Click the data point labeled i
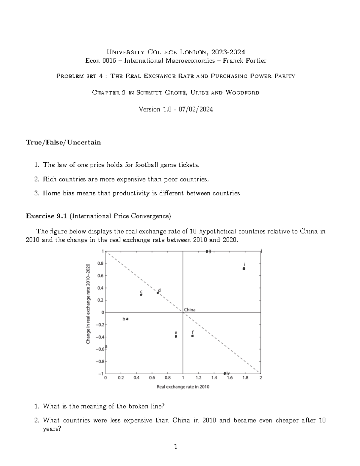244,269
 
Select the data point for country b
127,319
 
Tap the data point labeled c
141,294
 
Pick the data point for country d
158,293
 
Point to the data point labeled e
176,336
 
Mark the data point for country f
192,336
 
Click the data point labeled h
225,373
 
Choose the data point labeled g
207,251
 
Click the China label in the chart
190,310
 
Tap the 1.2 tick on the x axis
199,378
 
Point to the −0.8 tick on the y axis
100,361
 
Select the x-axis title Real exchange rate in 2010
183,387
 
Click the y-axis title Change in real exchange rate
88,304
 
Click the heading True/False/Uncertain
63,142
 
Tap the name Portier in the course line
255,61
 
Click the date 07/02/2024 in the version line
196,109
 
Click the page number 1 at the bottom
176,447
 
